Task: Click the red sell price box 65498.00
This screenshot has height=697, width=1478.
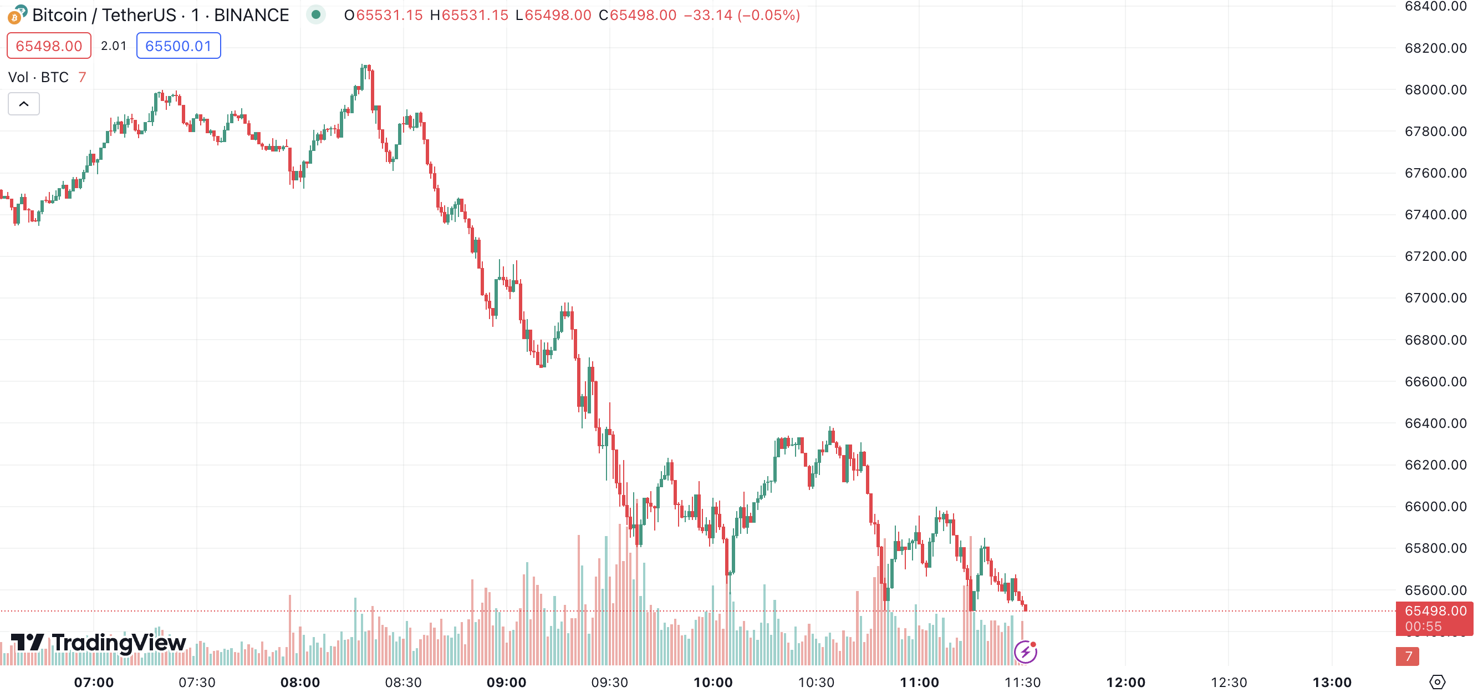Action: [x=49, y=46]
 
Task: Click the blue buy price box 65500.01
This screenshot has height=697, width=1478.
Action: [x=179, y=46]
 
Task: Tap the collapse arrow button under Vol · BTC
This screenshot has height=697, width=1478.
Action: [x=23, y=104]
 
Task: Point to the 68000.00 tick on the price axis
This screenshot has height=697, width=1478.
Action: [x=1435, y=89]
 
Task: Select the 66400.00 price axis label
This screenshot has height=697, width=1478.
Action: [x=1435, y=423]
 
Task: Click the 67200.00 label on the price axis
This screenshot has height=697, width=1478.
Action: [x=1435, y=256]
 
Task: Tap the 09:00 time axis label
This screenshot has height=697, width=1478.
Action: [x=506, y=682]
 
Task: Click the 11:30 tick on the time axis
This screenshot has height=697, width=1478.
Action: [x=1022, y=682]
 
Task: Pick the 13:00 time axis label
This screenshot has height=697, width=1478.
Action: [x=1332, y=682]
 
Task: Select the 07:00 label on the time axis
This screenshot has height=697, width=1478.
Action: [x=94, y=682]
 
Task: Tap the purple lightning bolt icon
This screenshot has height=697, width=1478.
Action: [x=1025, y=651]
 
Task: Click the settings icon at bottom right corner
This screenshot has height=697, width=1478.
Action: [x=1436, y=682]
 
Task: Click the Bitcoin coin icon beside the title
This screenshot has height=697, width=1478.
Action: [x=17, y=15]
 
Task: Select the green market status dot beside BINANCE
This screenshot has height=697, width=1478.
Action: [x=315, y=14]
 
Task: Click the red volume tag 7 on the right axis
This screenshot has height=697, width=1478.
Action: [x=1407, y=656]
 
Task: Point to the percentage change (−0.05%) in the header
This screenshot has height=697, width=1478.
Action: [x=769, y=15]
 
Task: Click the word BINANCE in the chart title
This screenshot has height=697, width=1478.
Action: [x=251, y=15]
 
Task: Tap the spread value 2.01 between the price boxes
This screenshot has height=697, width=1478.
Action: [x=114, y=46]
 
